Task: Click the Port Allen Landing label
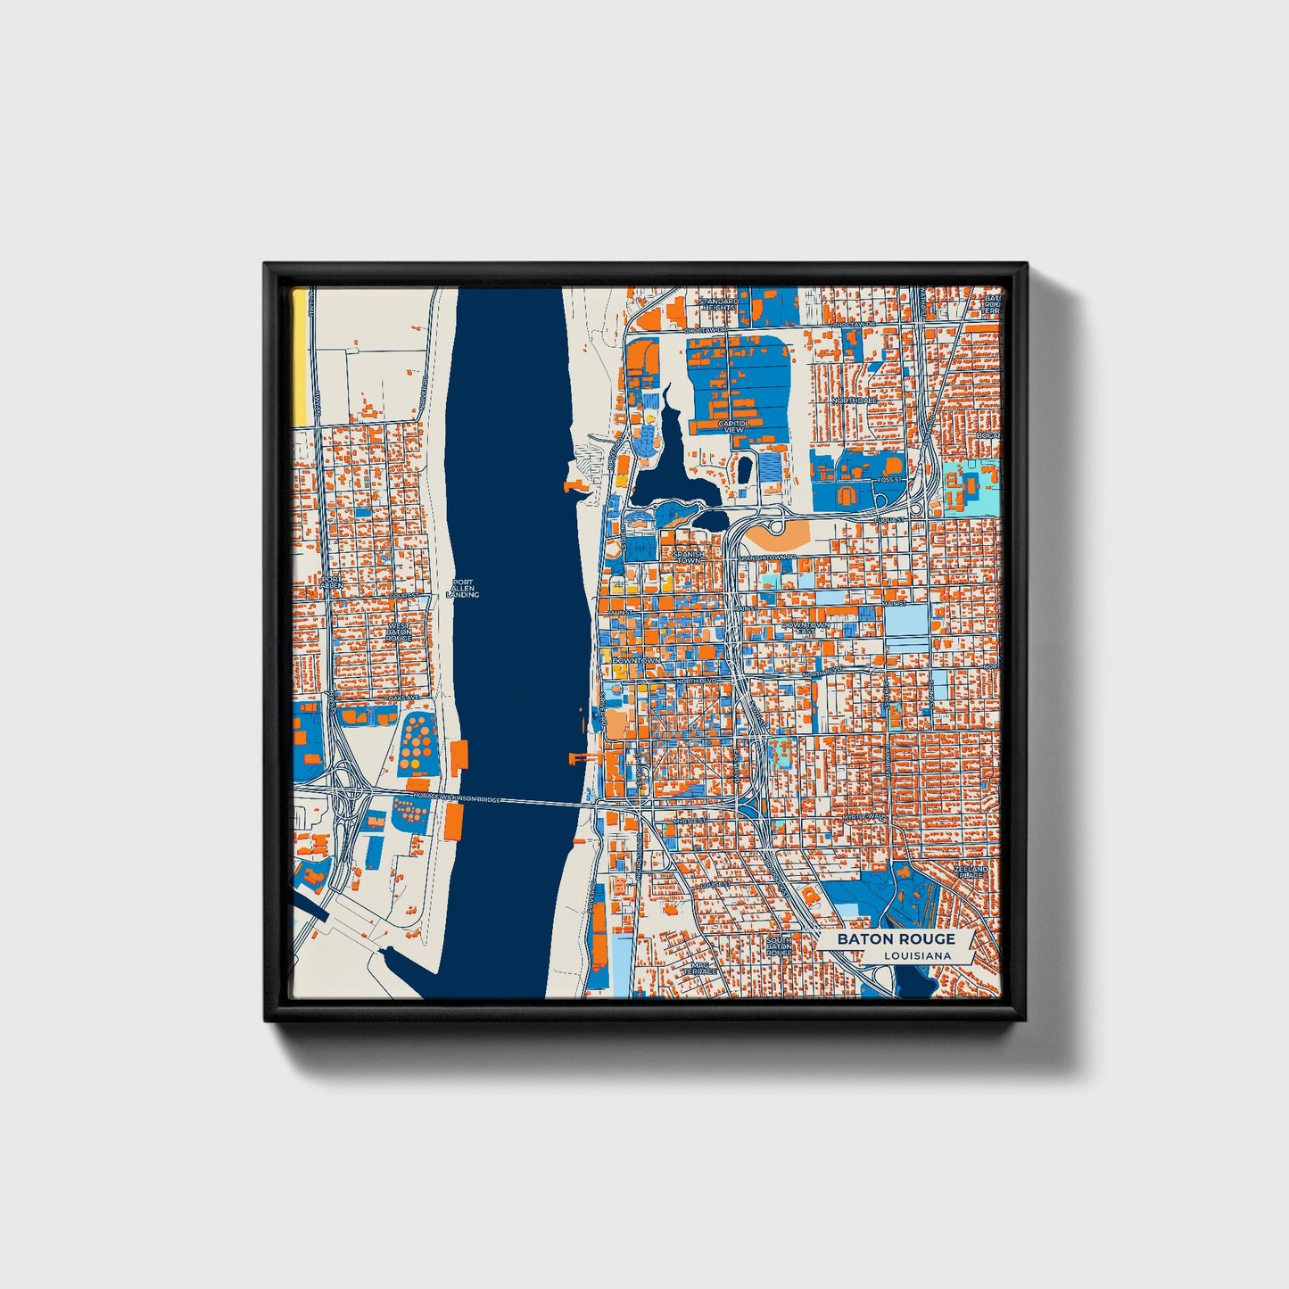(465, 589)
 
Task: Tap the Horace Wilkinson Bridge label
(458, 798)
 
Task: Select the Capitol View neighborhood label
(732, 427)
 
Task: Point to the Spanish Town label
(689, 557)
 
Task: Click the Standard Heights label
(718, 305)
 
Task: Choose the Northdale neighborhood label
(854, 401)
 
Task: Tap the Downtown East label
(806, 629)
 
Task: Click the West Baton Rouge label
(399, 632)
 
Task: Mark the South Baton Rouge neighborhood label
(779, 946)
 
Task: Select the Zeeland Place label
(971, 872)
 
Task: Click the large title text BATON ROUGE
(896, 938)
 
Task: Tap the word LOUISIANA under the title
(917, 955)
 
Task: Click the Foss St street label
(889, 480)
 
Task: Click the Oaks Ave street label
(402, 698)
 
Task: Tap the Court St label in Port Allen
(403, 595)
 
